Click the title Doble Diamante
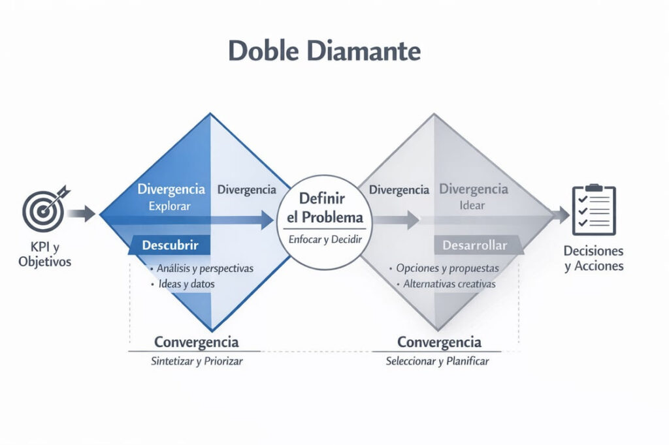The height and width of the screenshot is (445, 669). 324,52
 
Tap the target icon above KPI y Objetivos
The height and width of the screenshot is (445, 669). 43,211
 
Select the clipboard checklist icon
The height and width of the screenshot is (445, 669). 593,210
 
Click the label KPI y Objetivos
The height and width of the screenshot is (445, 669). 45,256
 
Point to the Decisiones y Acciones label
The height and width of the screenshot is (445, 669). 594,258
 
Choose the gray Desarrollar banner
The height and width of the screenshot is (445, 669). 474,245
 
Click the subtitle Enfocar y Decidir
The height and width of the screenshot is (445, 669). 325,239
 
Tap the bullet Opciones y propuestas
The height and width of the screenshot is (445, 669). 447,268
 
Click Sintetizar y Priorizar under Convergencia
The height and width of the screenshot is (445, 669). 197,361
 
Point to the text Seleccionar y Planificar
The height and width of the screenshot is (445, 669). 437,361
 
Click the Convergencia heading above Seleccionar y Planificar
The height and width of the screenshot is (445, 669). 439,342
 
